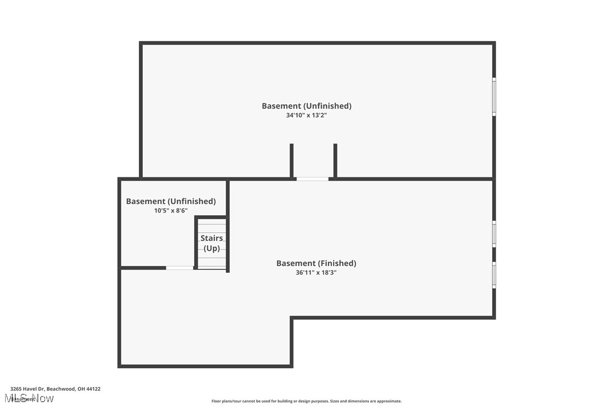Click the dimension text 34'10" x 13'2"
pyautogui.click(x=306, y=115)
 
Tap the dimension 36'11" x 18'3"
pyautogui.click(x=316, y=272)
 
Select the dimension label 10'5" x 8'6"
pyautogui.click(x=170, y=211)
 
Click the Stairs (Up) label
pyautogui.click(x=212, y=243)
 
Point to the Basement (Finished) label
pyautogui.click(x=316, y=263)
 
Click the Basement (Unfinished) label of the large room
pyautogui.click(x=306, y=106)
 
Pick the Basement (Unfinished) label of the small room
pyautogui.click(x=170, y=201)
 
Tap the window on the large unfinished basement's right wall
pyautogui.click(x=494, y=97)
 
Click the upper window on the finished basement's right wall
pyautogui.click(x=494, y=233)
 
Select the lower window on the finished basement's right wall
pyautogui.click(x=494, y=275)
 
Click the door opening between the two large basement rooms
pyautogui.click(x=313, y=179)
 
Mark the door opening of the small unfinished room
pyautogui.click(x=179, y=268)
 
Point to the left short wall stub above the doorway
pyautogui.click(x=292, y=160)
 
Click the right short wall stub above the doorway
pyautogui.click(x=335, y=160)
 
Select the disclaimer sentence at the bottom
pyautogui.click(x=306, y=401)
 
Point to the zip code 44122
pyautogui.click(x=93, y=389)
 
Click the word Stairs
pyautogui.click(x=212, y=238)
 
